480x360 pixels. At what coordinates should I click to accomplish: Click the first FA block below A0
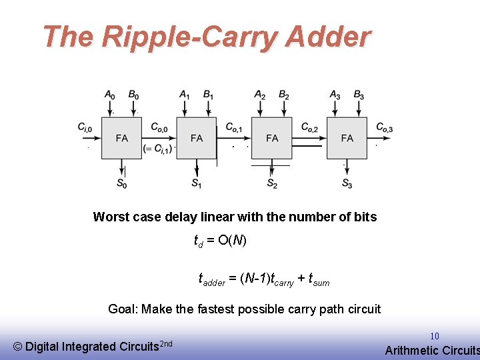[x=122, y=138]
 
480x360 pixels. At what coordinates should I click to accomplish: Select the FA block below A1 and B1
[x=197, y=138]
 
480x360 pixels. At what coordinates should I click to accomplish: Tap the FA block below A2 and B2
[x=272, y=138]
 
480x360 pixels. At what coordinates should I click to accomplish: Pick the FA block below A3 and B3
[x=347, y=138]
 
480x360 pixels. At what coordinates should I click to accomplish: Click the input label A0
[x=109, y=95]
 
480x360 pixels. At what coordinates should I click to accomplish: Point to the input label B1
[x=209, y=95]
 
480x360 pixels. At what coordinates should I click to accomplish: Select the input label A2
[x=260, y=95]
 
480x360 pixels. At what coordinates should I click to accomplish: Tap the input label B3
[x=359, y=95]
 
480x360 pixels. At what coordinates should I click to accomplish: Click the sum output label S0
[x=122, y=183]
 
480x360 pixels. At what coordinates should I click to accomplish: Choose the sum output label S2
[x=272, y=183]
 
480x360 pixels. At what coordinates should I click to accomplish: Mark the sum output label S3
[x=347, y=183]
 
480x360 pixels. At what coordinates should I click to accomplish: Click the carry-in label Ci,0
[x=85, y=127]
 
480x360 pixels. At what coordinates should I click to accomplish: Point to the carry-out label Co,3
[x=384, y=127]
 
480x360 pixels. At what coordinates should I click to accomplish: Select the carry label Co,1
[x=234, y=127]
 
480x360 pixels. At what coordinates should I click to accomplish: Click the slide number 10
[x=435, y=337]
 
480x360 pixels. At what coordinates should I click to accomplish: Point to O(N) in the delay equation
[x=231, y=240]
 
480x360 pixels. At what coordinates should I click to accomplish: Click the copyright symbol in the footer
[x=17, y=346]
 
